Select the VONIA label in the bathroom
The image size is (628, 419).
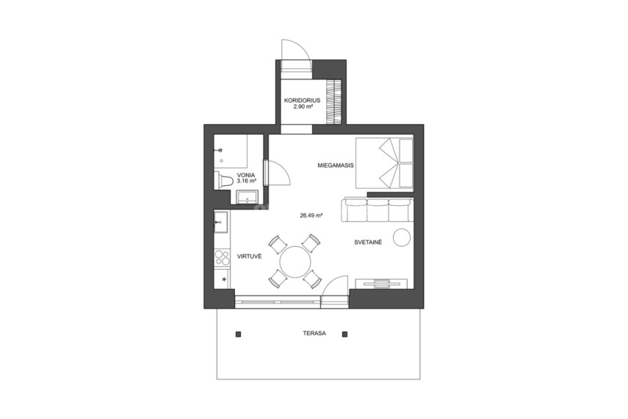point(246,175)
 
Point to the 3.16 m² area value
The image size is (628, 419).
point(246,181)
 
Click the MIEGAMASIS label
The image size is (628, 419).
point(336,165)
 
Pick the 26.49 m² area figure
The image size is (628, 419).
point(311,215)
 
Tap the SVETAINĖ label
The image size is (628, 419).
point(368,243)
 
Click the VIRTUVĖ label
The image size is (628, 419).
point(249,257)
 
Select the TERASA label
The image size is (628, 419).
point(314,333)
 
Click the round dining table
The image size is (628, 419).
point(295,262)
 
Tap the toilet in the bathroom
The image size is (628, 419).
point(223,181)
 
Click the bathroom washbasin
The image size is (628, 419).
point(247,197)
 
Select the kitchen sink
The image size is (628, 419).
point(220,222)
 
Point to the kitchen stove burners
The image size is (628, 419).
point(222,258)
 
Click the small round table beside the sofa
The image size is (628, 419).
point(402,237)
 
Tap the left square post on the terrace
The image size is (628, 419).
point(238,334)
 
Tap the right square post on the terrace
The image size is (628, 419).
point(344,334)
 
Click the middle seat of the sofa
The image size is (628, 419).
point(378,209)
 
